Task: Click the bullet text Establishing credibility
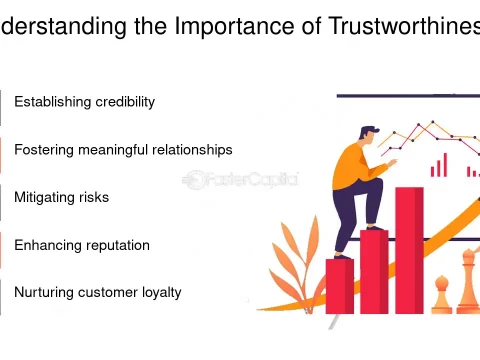click(84, 102)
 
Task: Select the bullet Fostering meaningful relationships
click(123, 150)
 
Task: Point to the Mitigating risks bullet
click(61, 198)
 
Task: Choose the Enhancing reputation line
click(81, 245)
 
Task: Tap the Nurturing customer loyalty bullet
click(97, 293)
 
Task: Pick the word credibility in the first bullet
click(125, 102)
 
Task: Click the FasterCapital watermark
click(240, 180)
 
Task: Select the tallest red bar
click(409, 250)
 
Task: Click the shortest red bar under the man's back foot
click(340, 286)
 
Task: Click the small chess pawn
click(441, 295)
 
